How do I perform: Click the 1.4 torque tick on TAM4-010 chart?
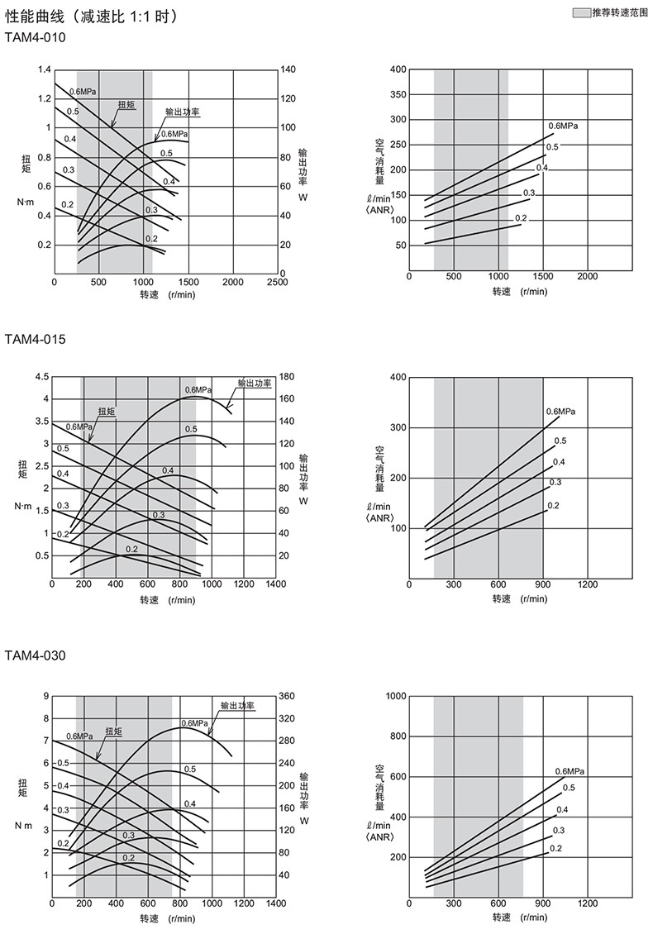(44, 69)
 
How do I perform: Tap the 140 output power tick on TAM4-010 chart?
(289, 69)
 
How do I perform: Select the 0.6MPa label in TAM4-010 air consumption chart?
(563, 126)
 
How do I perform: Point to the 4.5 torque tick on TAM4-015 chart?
(41, 377)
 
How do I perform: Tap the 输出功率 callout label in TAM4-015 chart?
(255, 383)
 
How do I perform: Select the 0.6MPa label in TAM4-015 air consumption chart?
(560, 412)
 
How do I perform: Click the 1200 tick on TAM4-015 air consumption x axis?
(587, 585)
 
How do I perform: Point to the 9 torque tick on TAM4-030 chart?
(45, 696)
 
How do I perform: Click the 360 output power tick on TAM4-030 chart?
(288, 696)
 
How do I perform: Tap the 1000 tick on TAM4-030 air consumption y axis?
(396, 696)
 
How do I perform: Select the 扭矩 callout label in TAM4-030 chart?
(113, 731)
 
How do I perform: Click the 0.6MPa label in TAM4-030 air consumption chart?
(570, 772)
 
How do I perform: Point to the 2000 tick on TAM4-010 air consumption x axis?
(587, 276)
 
